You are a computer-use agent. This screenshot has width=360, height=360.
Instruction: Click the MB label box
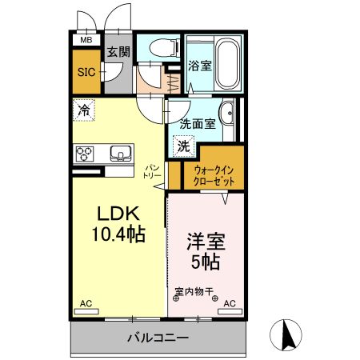click(85, 39)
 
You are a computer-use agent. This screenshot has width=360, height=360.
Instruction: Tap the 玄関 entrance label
click(118, 53)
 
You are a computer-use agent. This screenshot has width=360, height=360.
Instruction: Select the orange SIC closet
click(86, 71)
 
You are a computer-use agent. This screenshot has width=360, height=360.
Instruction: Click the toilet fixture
click(158, 49)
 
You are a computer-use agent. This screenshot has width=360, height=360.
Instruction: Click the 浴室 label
click(199, 66)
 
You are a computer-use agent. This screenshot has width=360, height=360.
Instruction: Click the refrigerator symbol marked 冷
click(84, 110)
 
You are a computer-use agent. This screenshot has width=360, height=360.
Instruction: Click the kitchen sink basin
click(121, 152)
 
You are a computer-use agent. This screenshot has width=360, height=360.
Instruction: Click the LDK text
click(118, 214)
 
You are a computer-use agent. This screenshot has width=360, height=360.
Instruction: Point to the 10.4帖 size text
click(120, 237)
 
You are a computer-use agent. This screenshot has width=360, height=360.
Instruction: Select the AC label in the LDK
click(86, 303)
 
